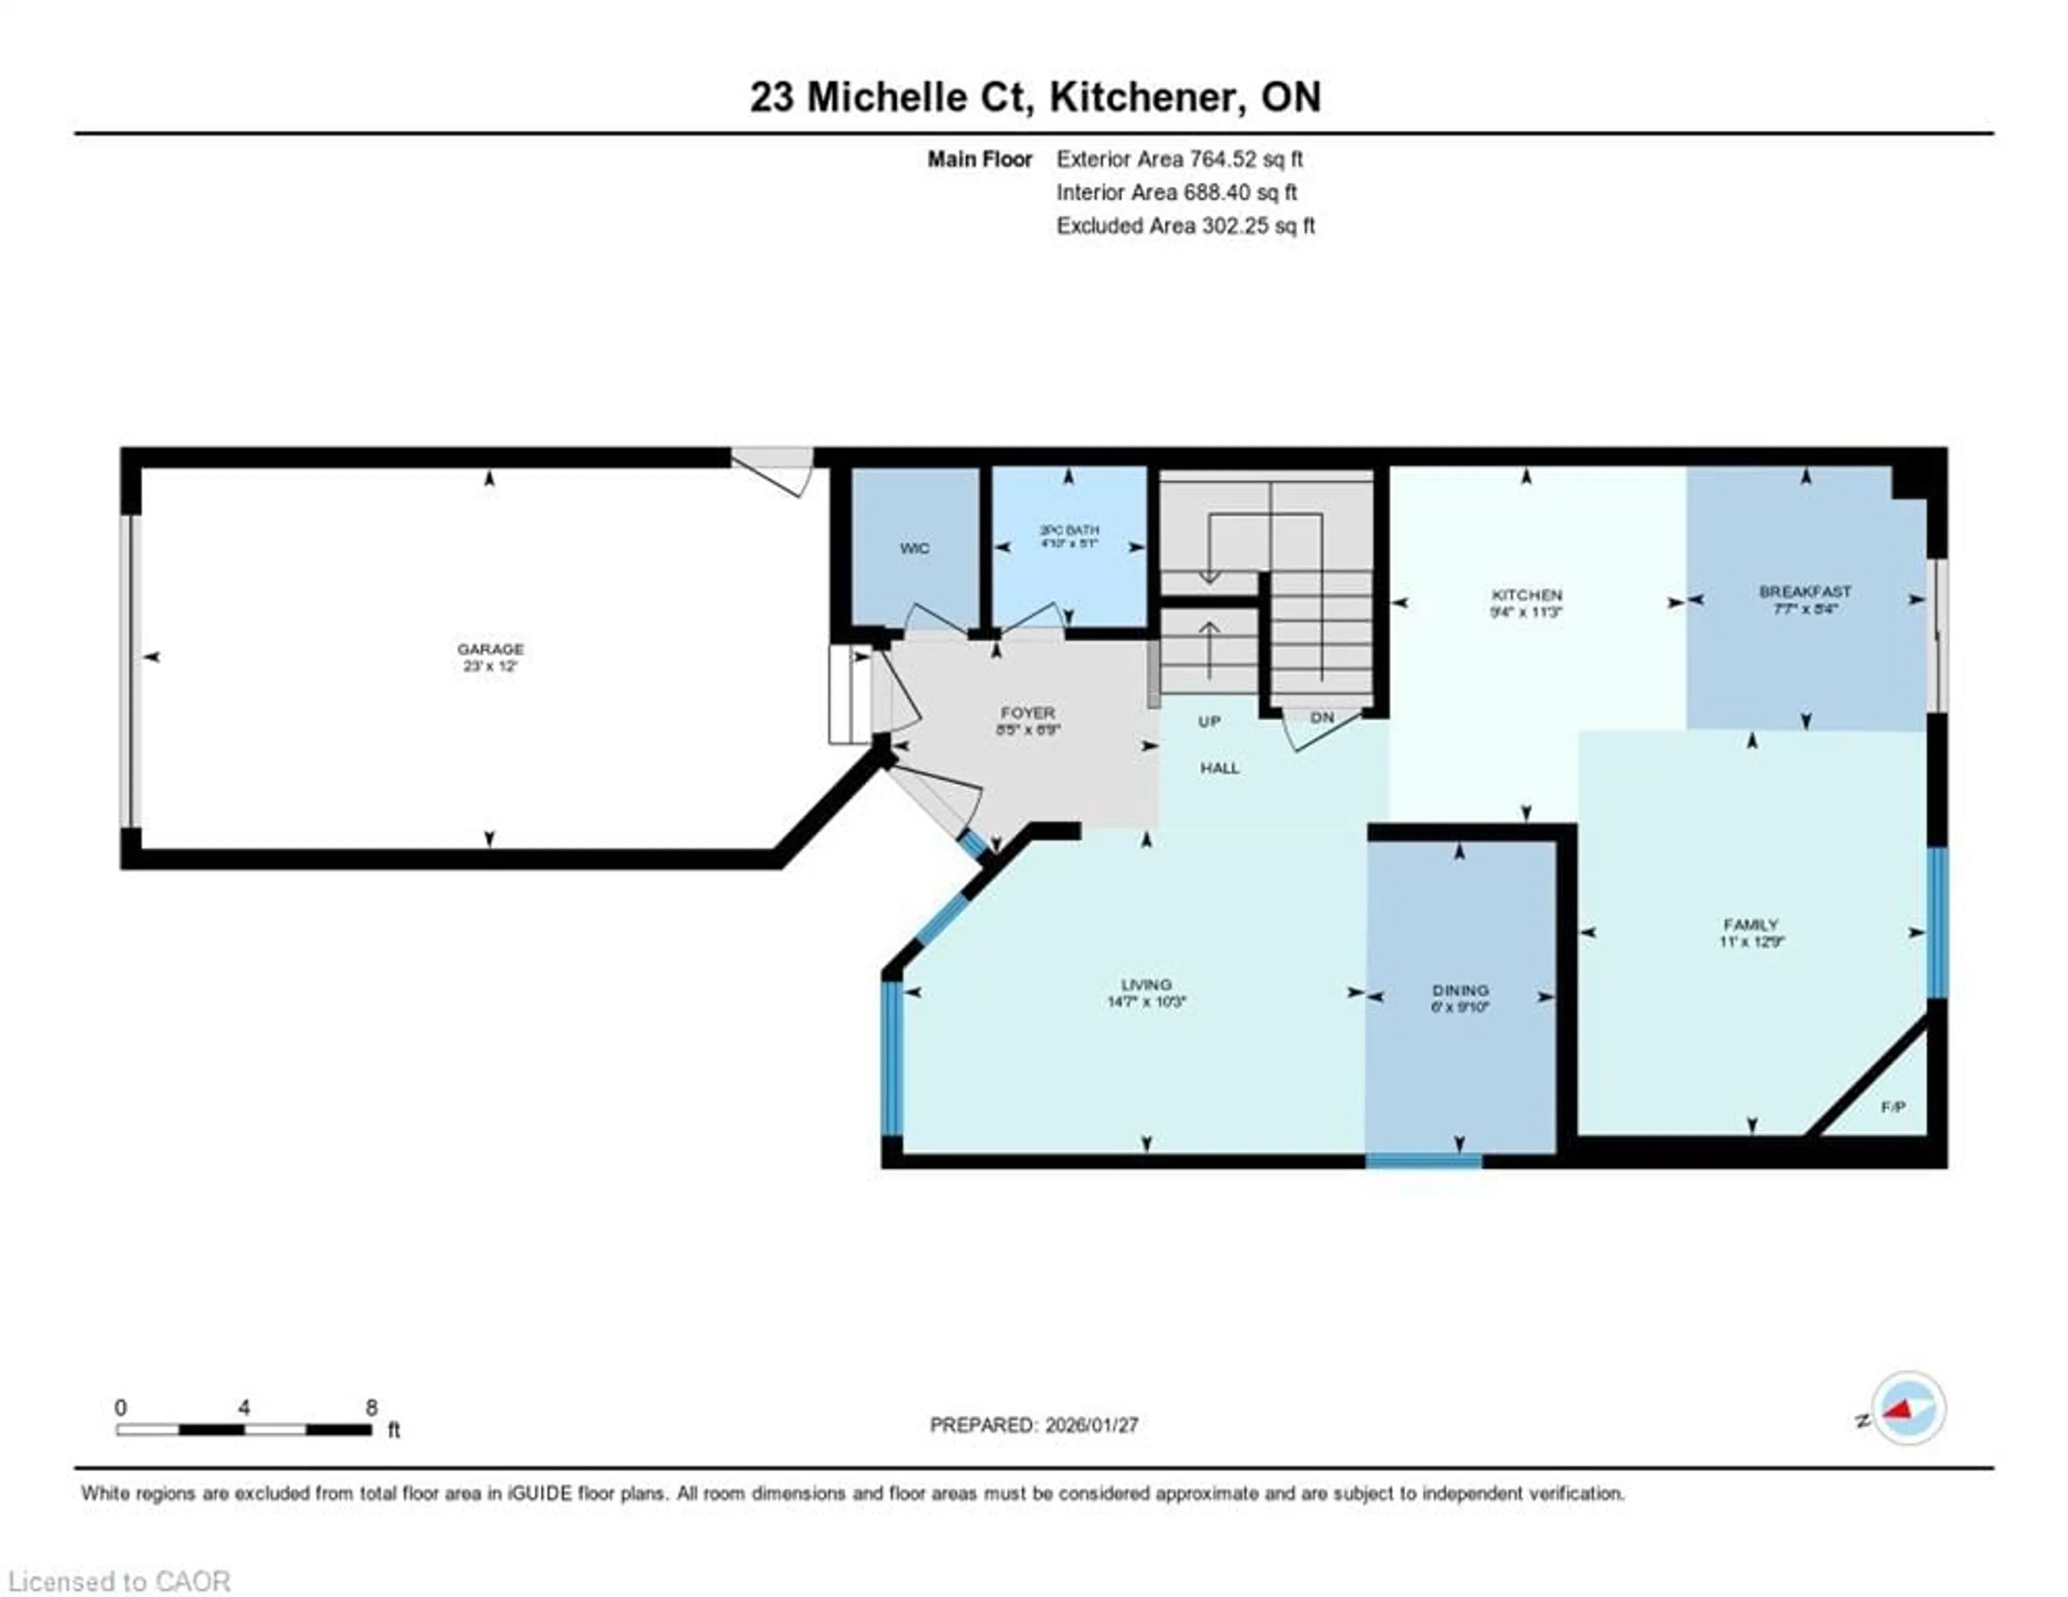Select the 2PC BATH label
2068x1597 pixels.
coord(1069,531)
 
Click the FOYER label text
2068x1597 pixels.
coord(1028,713)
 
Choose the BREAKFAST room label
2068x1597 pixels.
coord(1805,592)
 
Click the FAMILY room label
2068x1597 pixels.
coord(1751,924)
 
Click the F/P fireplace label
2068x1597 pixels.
coord(1892,1107)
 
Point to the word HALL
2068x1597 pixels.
coord(1220,768)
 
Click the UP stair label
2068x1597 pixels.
coord(1209,721)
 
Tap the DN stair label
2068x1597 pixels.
coord(1322,717)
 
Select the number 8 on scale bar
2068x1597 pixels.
coord(371,1408)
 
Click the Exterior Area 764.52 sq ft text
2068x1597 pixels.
coord(1179,159)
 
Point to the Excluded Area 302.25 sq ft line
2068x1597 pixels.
coord(1185,226)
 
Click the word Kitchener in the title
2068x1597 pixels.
coord(1143,96)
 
